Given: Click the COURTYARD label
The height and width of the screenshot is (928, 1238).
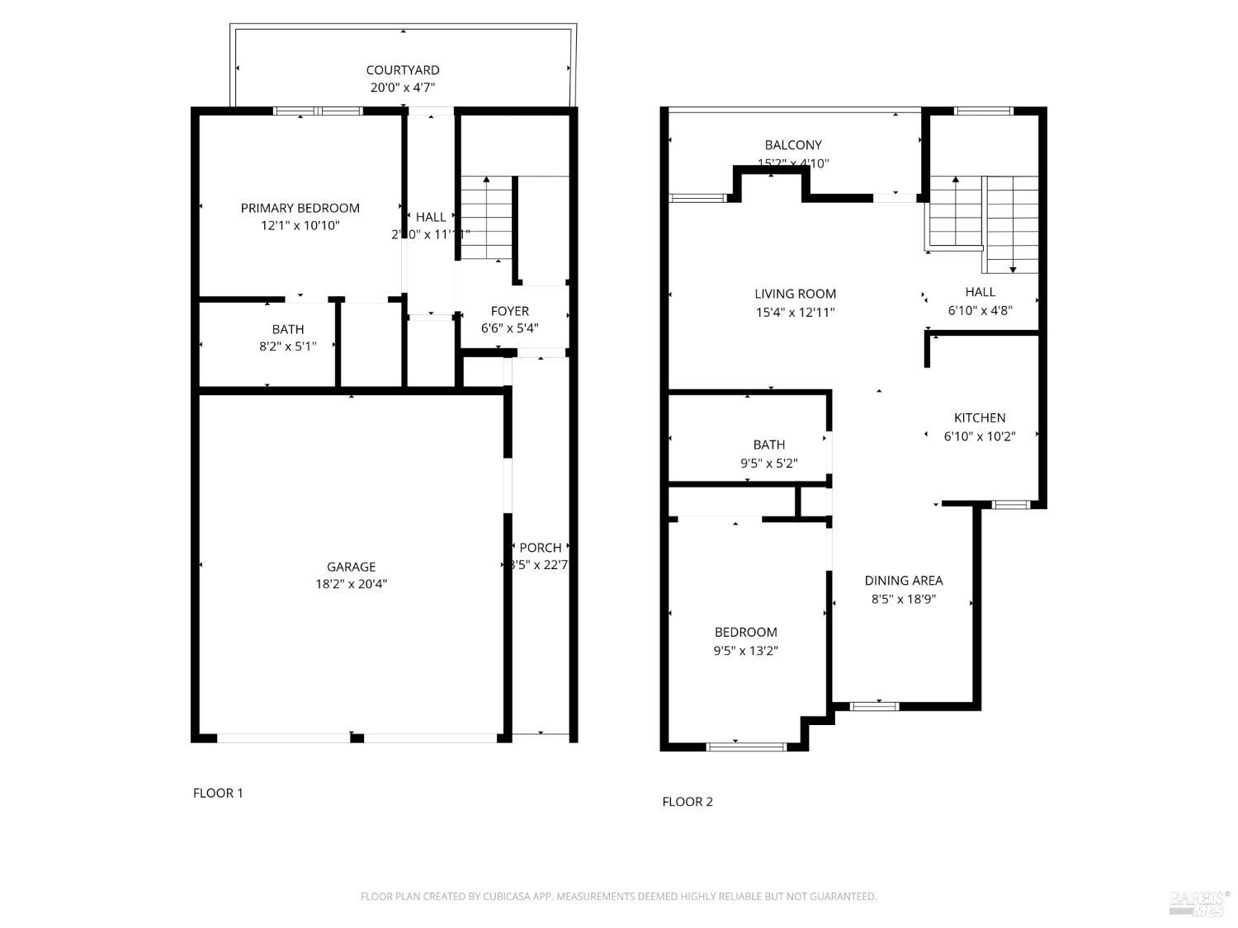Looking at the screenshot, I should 403,70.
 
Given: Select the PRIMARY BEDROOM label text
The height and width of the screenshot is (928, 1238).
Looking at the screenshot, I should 300,208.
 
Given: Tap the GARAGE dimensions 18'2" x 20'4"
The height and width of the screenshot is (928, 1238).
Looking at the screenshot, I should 352,584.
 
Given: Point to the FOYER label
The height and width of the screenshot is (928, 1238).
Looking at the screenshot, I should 509,311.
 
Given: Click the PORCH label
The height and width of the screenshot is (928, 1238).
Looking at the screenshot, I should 541,547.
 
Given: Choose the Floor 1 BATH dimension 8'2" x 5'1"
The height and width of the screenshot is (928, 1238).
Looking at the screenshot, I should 287,346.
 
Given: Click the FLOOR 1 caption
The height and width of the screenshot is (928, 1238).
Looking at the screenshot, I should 218,793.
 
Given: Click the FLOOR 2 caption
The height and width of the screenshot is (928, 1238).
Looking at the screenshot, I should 688,801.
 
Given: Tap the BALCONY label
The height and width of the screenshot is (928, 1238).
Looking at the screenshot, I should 793,145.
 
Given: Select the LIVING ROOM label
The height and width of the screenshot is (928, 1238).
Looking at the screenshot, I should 795,294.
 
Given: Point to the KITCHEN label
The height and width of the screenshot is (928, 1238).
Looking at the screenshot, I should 980,417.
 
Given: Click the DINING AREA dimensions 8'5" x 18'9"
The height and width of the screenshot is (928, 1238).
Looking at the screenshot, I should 904,600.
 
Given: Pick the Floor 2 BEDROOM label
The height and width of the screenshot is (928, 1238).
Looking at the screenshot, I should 745,632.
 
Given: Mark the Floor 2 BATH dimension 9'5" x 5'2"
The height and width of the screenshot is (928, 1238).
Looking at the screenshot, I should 768,464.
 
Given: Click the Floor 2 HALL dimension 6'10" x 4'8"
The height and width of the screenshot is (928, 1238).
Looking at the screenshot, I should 980,311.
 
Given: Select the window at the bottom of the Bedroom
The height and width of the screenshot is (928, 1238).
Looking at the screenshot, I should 746,747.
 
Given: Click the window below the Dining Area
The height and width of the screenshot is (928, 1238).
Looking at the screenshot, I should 874,705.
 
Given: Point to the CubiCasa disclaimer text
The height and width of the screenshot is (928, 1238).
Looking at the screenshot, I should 618,897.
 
